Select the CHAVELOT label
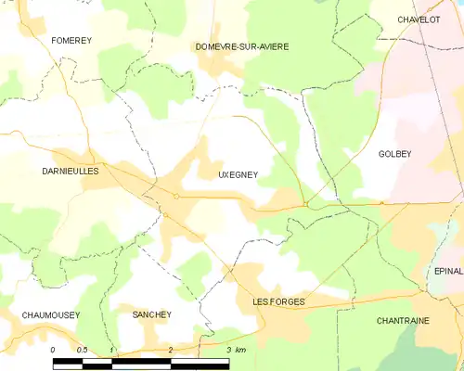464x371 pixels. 418,19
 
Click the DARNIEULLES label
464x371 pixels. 71,172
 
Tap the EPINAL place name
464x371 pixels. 448,271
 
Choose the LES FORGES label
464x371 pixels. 280,301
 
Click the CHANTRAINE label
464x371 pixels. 403,320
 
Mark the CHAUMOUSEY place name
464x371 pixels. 50,315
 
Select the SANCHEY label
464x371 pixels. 152,315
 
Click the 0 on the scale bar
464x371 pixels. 54,349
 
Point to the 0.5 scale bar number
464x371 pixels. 82,349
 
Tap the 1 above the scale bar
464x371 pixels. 111,349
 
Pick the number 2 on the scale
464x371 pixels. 170,349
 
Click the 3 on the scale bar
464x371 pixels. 228,349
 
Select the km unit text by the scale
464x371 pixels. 240,349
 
